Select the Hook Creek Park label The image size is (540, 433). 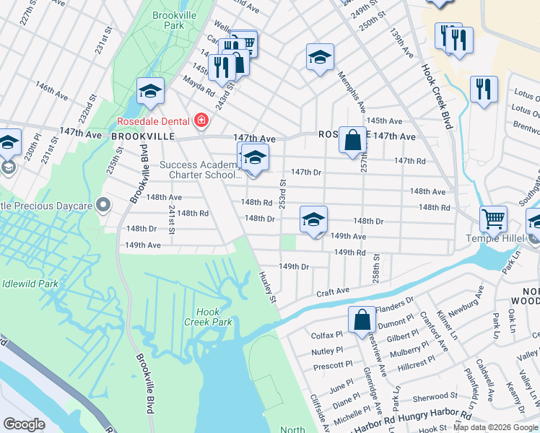point(208,316)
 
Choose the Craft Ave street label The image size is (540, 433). point(333,291)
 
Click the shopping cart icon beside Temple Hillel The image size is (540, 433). point(493,217)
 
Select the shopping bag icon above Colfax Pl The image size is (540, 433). point(362,319)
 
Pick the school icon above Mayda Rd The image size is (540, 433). point(150,91)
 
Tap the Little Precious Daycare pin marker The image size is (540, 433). point(103,206)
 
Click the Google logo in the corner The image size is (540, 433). point(24,424)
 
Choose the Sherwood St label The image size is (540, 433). point(434,396)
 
